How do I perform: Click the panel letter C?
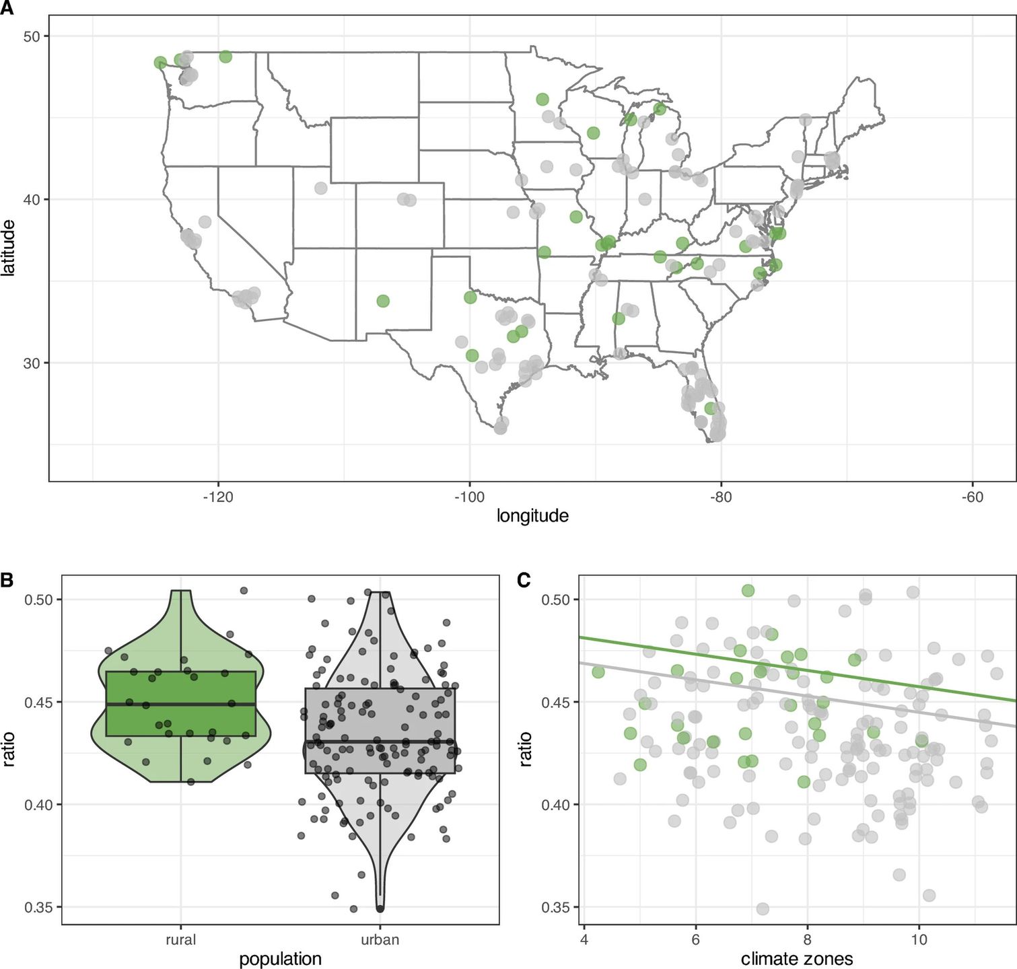coord(524,580)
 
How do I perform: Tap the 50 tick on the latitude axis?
coord(32,36)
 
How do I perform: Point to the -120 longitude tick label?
coord(217,498)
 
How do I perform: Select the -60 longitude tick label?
coord(972,498)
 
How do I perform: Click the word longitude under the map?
coord(532,516)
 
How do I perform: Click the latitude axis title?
coord(9,248)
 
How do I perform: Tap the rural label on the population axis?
coord(180,940)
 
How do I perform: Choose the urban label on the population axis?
coord(380,940)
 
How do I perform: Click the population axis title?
coord(280,960)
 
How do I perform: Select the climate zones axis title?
coord(797,960)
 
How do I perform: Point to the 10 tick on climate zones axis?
coord(919,940)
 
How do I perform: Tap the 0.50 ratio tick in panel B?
coord(38,600)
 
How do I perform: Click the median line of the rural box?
coord(180,704)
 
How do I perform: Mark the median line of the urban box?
coord(380,742)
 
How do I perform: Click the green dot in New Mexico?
coord(383,301)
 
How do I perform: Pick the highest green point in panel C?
coord(748,591)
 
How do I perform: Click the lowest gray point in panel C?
coord(763,909)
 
